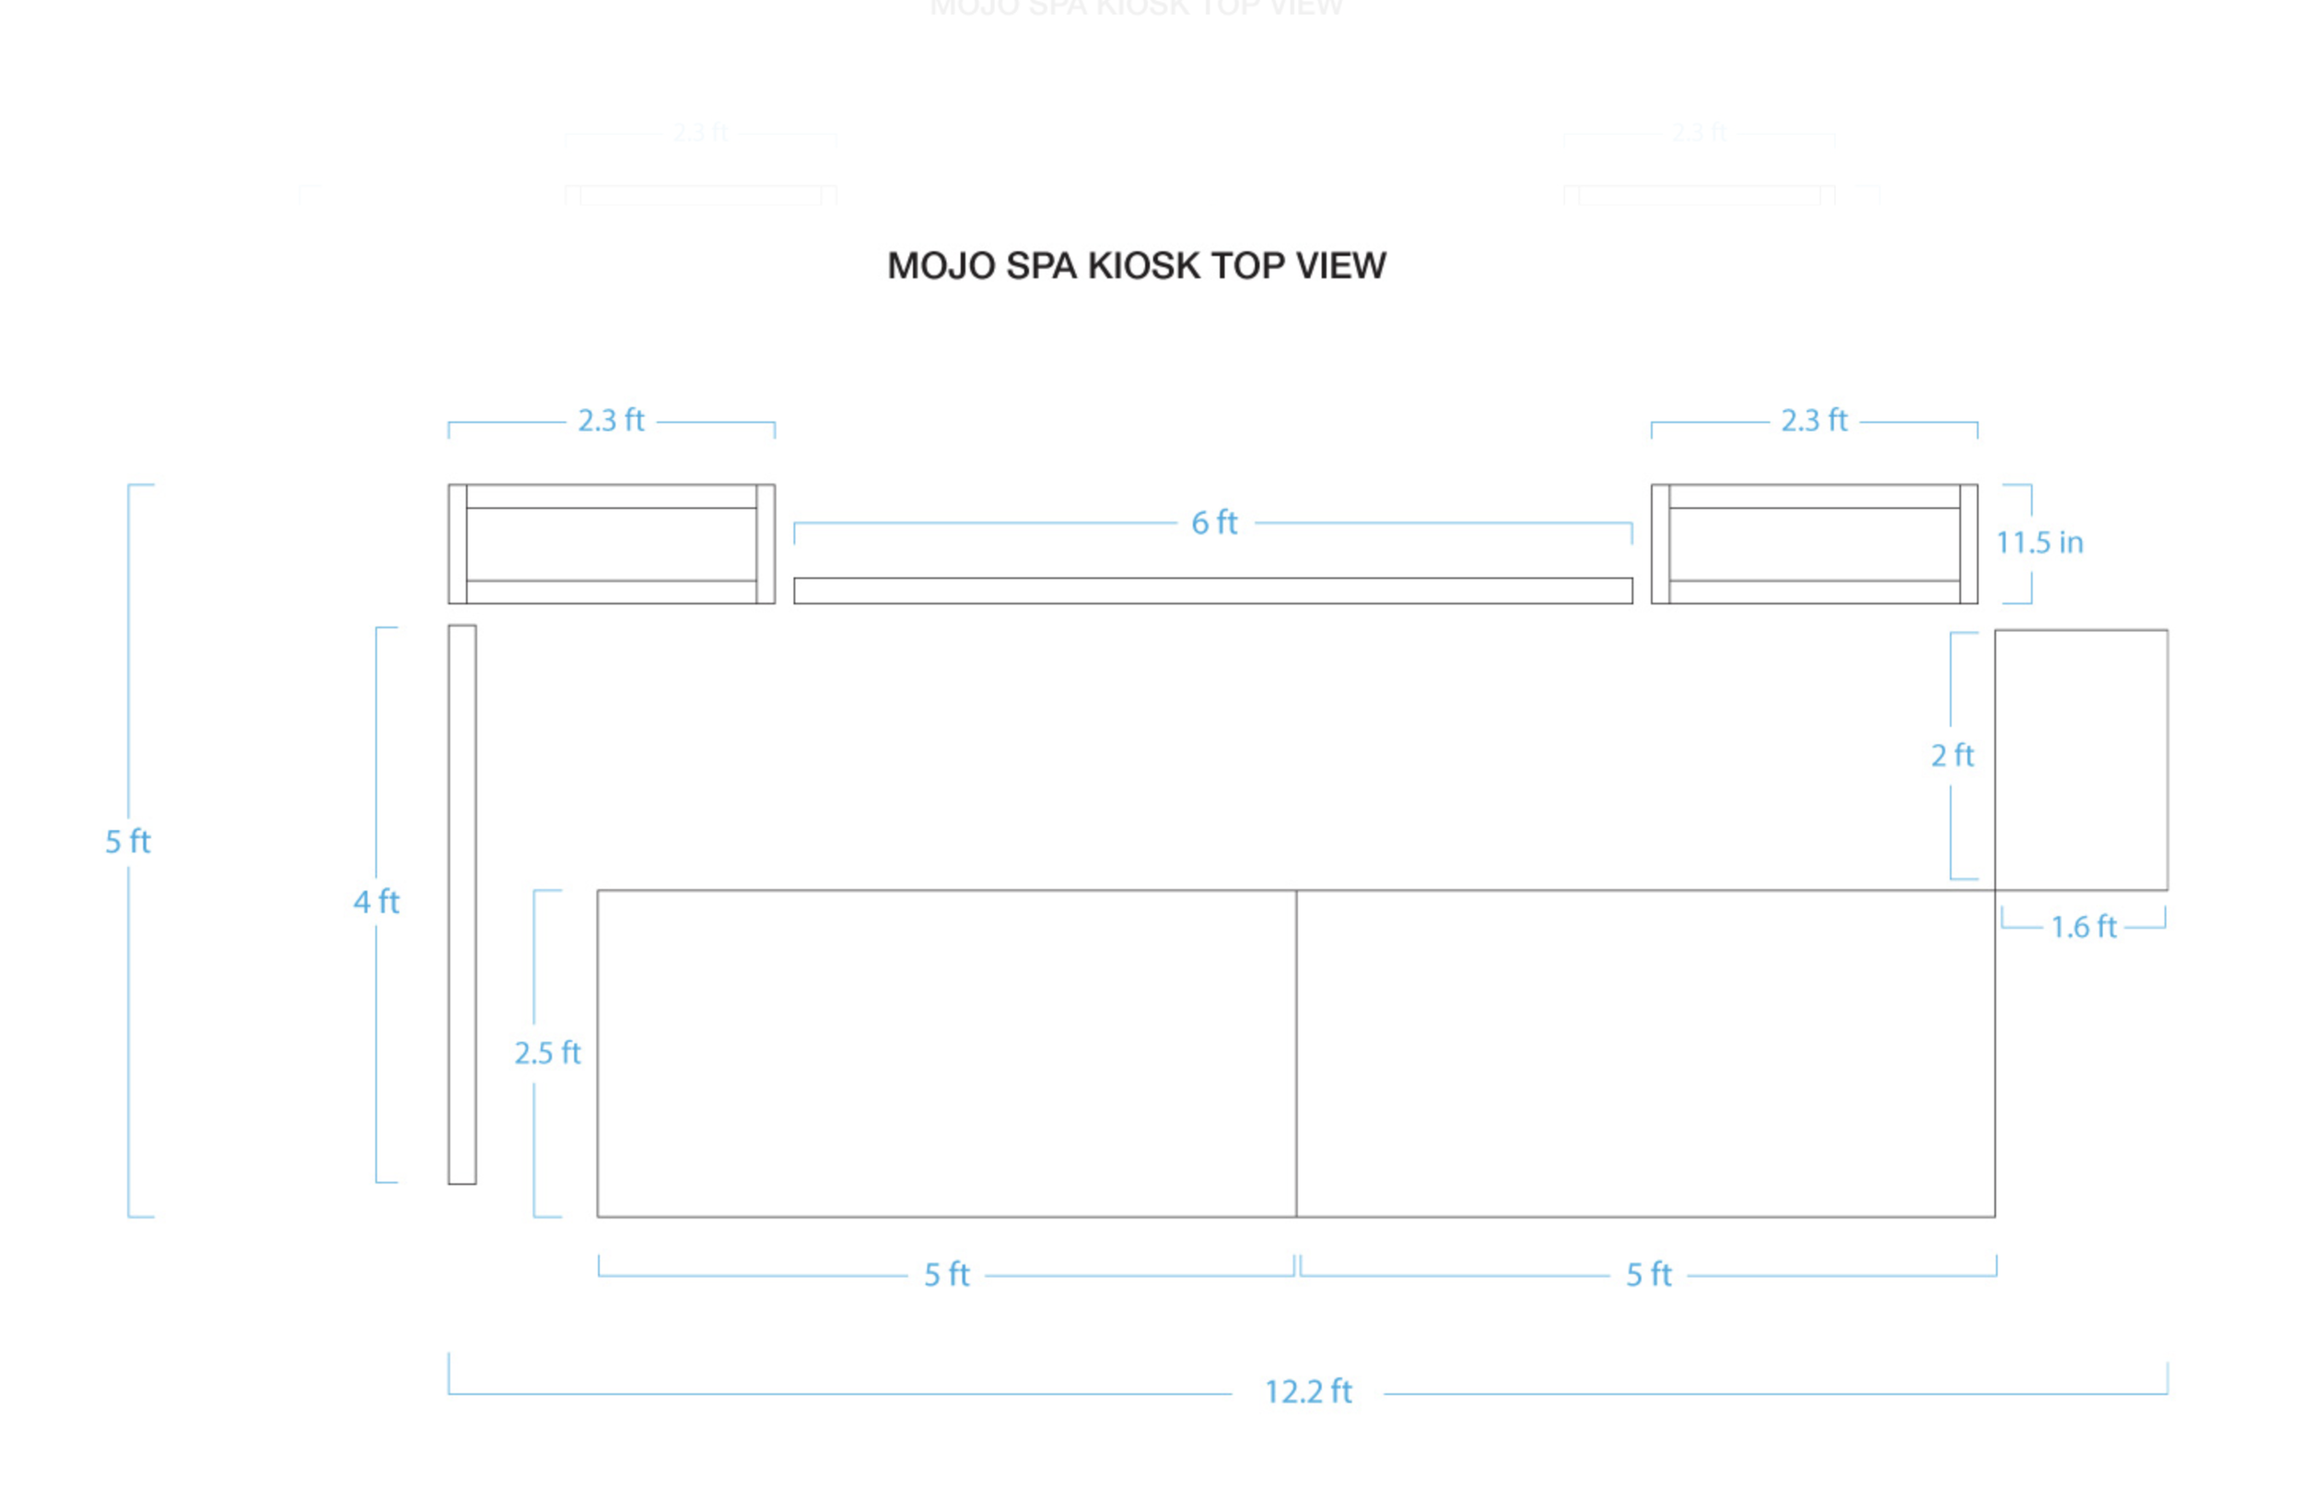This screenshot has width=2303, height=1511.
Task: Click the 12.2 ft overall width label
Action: (1307, 1392)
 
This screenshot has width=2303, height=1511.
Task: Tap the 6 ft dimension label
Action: (1213, 522)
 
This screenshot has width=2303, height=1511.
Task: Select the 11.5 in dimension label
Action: (2039, 543)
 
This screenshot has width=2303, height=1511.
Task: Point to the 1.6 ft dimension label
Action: (2084, 927)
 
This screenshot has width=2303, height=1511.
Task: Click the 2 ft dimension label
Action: (1952, 755)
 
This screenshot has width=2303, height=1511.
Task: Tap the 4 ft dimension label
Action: (376, 902)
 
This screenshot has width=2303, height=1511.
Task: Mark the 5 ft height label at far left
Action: (128, 842)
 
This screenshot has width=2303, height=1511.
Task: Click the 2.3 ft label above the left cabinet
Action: (611, 421)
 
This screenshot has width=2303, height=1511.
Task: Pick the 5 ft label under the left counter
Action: (946, 1275)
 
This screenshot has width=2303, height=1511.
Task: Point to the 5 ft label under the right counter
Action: (1648, 1275)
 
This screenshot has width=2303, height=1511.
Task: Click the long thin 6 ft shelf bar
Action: (1212, 591)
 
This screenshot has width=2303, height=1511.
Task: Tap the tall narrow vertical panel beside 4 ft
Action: (462, 904)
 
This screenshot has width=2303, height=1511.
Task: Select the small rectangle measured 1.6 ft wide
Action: (2080, 760)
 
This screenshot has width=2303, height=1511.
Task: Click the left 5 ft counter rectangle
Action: (946, 1053)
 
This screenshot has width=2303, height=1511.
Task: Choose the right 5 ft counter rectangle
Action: (1645, 1053)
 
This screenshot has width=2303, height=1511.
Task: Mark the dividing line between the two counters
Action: (1296, 1053)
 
